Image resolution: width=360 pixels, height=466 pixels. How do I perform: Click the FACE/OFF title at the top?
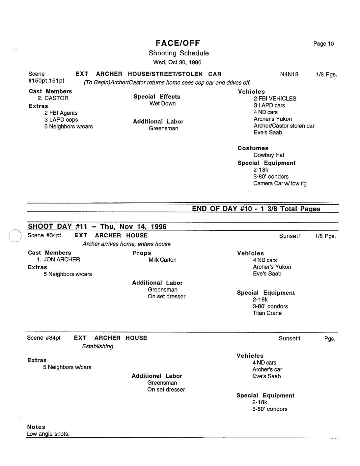point(178,43)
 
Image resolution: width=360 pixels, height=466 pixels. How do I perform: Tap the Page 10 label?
point(323,44)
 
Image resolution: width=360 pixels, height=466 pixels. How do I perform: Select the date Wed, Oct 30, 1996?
point(177,62)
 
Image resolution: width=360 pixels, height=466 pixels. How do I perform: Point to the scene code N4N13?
point(289,74)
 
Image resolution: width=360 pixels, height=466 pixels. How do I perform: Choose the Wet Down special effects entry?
point(162,103)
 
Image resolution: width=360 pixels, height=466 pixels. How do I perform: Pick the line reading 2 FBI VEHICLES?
point(275,99)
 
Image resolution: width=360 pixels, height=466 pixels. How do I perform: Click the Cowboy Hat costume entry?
point(268,155)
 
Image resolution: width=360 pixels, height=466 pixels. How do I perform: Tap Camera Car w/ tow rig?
point(280,184)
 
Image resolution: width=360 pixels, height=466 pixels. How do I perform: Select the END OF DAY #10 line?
point(256,209)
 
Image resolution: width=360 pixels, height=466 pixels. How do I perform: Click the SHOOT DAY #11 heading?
point(97,226)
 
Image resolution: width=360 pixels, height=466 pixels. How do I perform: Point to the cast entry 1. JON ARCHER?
point(59,260)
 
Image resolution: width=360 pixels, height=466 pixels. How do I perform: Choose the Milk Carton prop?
point(162,260)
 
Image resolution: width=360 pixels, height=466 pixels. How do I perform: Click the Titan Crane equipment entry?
point(267,313)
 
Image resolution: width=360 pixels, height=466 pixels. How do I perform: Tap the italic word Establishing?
point(97,346)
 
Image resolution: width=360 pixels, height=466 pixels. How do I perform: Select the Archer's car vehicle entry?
point(267,369)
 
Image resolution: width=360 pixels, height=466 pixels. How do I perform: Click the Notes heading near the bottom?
point(36,427)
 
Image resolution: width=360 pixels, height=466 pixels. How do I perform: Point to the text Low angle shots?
point(48,434)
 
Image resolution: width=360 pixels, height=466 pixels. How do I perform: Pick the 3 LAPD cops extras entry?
point(61,120)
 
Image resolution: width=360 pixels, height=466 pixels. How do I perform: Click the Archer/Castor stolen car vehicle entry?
point(284,126)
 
